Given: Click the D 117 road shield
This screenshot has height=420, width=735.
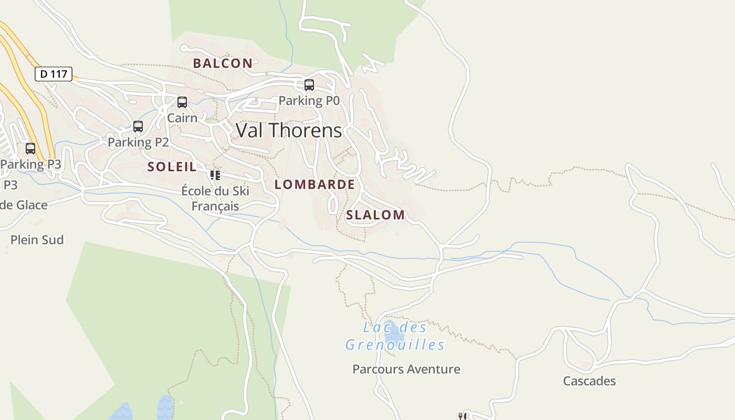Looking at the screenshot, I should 54,74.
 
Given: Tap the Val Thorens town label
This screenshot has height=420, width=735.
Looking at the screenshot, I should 289,130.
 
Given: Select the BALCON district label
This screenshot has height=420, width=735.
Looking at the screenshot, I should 223,63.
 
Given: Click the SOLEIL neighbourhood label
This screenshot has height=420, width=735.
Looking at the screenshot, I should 172,167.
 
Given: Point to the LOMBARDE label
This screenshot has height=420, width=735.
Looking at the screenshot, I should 314,184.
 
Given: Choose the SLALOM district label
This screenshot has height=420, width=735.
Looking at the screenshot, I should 375,215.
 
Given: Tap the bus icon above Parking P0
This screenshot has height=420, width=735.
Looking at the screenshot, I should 309,85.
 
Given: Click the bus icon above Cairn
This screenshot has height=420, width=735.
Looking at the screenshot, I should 182,102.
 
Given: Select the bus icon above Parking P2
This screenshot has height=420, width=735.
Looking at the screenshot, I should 138,127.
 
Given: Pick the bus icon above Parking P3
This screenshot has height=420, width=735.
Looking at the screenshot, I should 30,149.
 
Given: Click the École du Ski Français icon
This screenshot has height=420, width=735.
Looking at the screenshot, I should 215,175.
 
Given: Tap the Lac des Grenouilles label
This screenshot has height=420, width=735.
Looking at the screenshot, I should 395,336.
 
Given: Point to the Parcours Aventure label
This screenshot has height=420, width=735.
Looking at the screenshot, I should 406,369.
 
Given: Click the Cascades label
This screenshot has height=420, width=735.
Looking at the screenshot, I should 589,381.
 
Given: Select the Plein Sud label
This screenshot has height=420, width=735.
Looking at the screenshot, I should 37,240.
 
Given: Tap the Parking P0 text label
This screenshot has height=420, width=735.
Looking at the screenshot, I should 309,100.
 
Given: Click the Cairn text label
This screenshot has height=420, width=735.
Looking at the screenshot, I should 182,118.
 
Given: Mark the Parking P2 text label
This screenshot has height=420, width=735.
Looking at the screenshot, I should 138,142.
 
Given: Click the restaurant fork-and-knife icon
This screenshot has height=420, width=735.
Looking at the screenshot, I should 463,416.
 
